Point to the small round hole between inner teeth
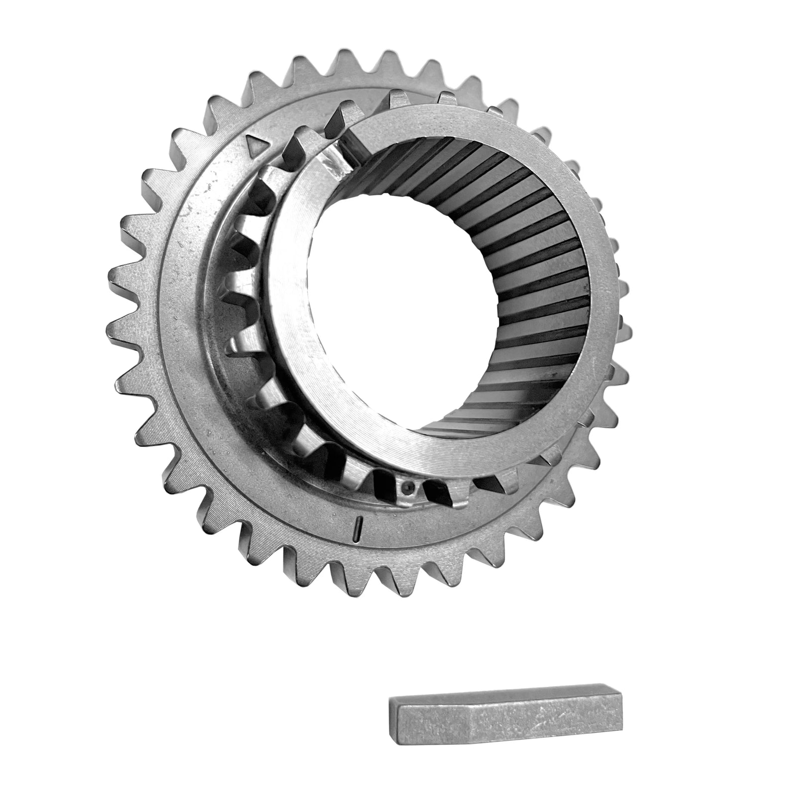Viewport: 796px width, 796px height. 408,487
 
